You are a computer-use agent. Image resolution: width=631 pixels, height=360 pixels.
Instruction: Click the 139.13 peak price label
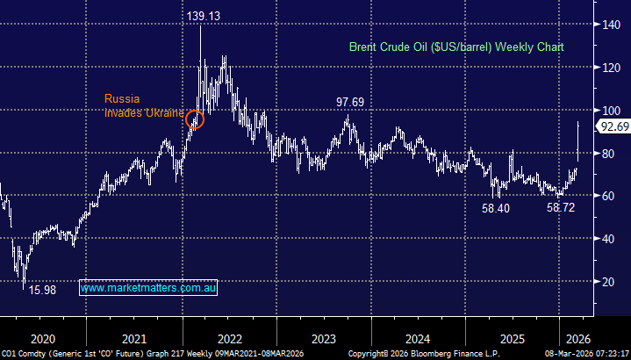point(204,17)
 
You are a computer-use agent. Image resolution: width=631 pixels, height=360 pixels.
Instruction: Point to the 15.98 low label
point(43,289)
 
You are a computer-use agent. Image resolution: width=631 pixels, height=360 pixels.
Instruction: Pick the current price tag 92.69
point(613,126)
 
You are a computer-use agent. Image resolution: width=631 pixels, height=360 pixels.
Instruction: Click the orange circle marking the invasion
point(195,119)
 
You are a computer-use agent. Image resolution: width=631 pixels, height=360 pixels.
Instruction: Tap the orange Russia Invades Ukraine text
point(144,105)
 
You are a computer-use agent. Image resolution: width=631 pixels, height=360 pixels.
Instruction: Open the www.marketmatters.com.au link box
point(148,287)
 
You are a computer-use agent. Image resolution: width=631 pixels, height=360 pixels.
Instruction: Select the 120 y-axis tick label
point(608,67)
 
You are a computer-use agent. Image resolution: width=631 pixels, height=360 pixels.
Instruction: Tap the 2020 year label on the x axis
point(42,338)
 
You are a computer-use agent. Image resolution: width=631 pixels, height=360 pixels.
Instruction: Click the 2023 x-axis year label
point(324,338)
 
